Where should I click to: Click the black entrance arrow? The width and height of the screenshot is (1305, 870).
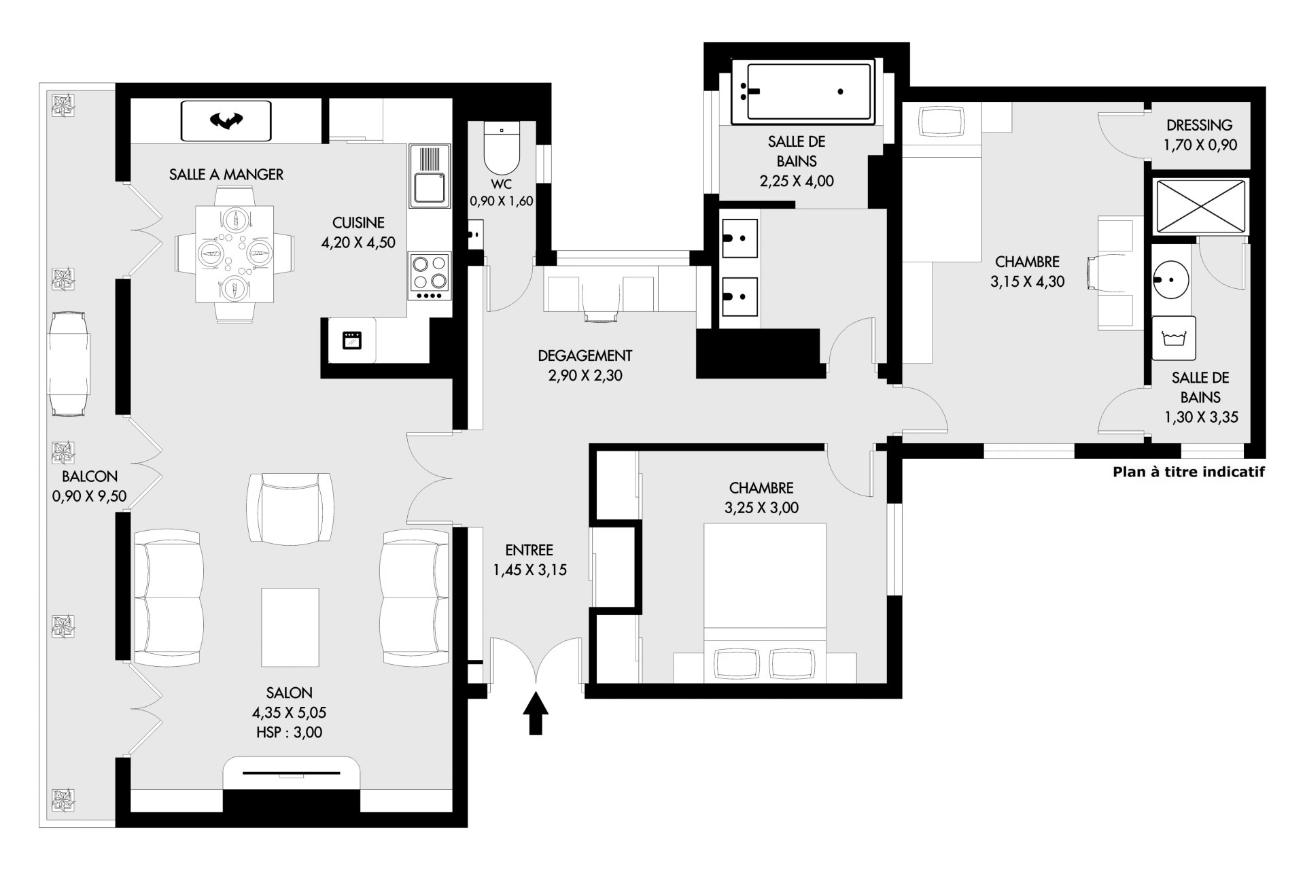click(536, 713)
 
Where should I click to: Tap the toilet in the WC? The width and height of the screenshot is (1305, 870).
click(502, 147)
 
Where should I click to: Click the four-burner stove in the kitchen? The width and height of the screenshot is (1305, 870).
click(430, 276)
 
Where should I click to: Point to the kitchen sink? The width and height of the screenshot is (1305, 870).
click(430, 176)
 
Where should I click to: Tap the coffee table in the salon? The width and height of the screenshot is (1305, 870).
click(290, 627)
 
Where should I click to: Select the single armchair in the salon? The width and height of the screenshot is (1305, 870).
click(290, 508)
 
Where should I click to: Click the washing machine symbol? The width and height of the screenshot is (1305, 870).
click(1174, 338)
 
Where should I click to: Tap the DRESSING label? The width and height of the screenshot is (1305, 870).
click(1200, 125)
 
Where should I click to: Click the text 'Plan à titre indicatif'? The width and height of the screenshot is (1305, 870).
click(1189, 472)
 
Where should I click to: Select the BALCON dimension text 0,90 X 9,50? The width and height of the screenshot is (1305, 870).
click(89, 497)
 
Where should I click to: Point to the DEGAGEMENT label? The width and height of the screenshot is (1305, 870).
click(585, 355)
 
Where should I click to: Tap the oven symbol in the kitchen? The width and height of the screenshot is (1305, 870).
click(352, 340)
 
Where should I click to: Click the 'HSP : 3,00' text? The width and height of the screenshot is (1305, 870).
click(290, 733)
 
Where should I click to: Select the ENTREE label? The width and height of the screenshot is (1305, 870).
click(529, 551)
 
